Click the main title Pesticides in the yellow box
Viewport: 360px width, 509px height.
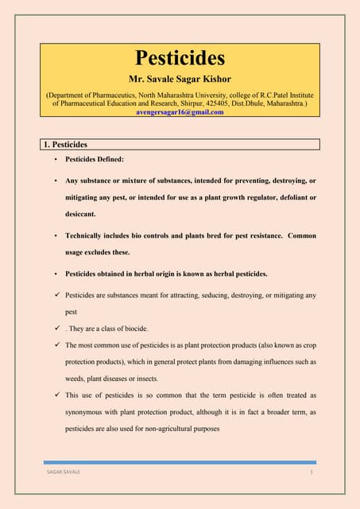pos(180,58)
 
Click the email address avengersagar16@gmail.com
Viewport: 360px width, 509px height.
pos(180,112)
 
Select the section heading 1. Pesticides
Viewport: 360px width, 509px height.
pos(65,145)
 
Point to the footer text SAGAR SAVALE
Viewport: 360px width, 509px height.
pos(64,472)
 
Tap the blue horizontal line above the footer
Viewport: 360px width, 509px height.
pos(180,462)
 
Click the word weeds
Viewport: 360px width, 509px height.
pos(77,379)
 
